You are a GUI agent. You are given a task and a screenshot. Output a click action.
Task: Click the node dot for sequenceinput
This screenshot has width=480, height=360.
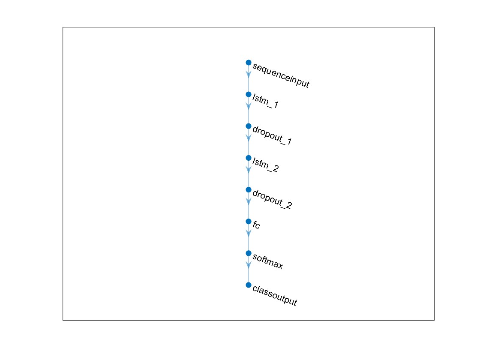point(248,63)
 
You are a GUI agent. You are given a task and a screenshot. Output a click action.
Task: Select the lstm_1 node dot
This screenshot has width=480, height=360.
point(248,94)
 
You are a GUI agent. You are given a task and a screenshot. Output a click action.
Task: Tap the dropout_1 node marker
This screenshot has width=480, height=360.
point(248,126)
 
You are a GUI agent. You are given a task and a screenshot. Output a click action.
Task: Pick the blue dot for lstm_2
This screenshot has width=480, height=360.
point(248,158)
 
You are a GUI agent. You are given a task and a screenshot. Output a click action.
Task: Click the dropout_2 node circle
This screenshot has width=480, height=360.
point(248,189)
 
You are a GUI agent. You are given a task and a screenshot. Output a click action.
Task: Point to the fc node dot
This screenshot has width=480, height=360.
point(248,221)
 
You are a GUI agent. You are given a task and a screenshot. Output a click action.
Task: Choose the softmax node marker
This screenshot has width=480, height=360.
point(248,253)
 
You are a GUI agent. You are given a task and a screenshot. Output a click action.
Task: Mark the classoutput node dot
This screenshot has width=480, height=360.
point(248,285)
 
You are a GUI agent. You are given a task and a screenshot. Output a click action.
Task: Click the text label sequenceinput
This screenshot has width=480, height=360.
point(281,75)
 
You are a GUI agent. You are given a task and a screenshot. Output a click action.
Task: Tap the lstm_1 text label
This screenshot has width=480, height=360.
point(265,101)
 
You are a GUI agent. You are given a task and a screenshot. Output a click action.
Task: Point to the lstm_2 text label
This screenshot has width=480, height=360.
point(265,165)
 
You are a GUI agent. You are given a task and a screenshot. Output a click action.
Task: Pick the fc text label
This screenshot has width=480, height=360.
point(256,225)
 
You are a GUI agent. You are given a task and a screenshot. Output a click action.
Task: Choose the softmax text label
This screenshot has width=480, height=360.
point(268,262)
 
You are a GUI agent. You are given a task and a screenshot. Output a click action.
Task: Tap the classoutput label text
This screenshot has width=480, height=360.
point(275,296)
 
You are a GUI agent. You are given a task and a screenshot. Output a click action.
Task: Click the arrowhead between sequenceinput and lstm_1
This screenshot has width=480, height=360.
point(248,75)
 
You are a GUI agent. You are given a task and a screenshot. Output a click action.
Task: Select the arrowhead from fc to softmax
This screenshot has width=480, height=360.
point(248,234)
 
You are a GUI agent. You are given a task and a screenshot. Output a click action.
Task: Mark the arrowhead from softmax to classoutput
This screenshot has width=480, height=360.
point(248,265)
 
